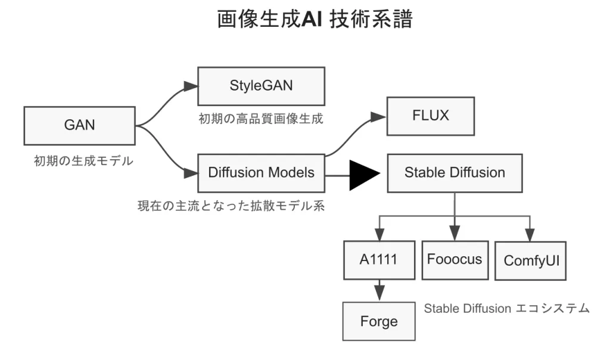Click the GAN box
coord(80,126)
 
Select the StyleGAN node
coord(261,86)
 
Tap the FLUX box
coord(431,116)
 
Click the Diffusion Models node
coord(261,173)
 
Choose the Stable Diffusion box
coord(455,173)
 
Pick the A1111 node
coord(379,260)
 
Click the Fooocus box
coord(455,260)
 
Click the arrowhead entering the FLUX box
coord(379,117)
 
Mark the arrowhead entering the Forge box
coord(379,294)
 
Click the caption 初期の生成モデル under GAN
coord(83,160)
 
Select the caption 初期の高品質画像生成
coord(261,119)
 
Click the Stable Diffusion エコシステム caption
coord(506,308)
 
